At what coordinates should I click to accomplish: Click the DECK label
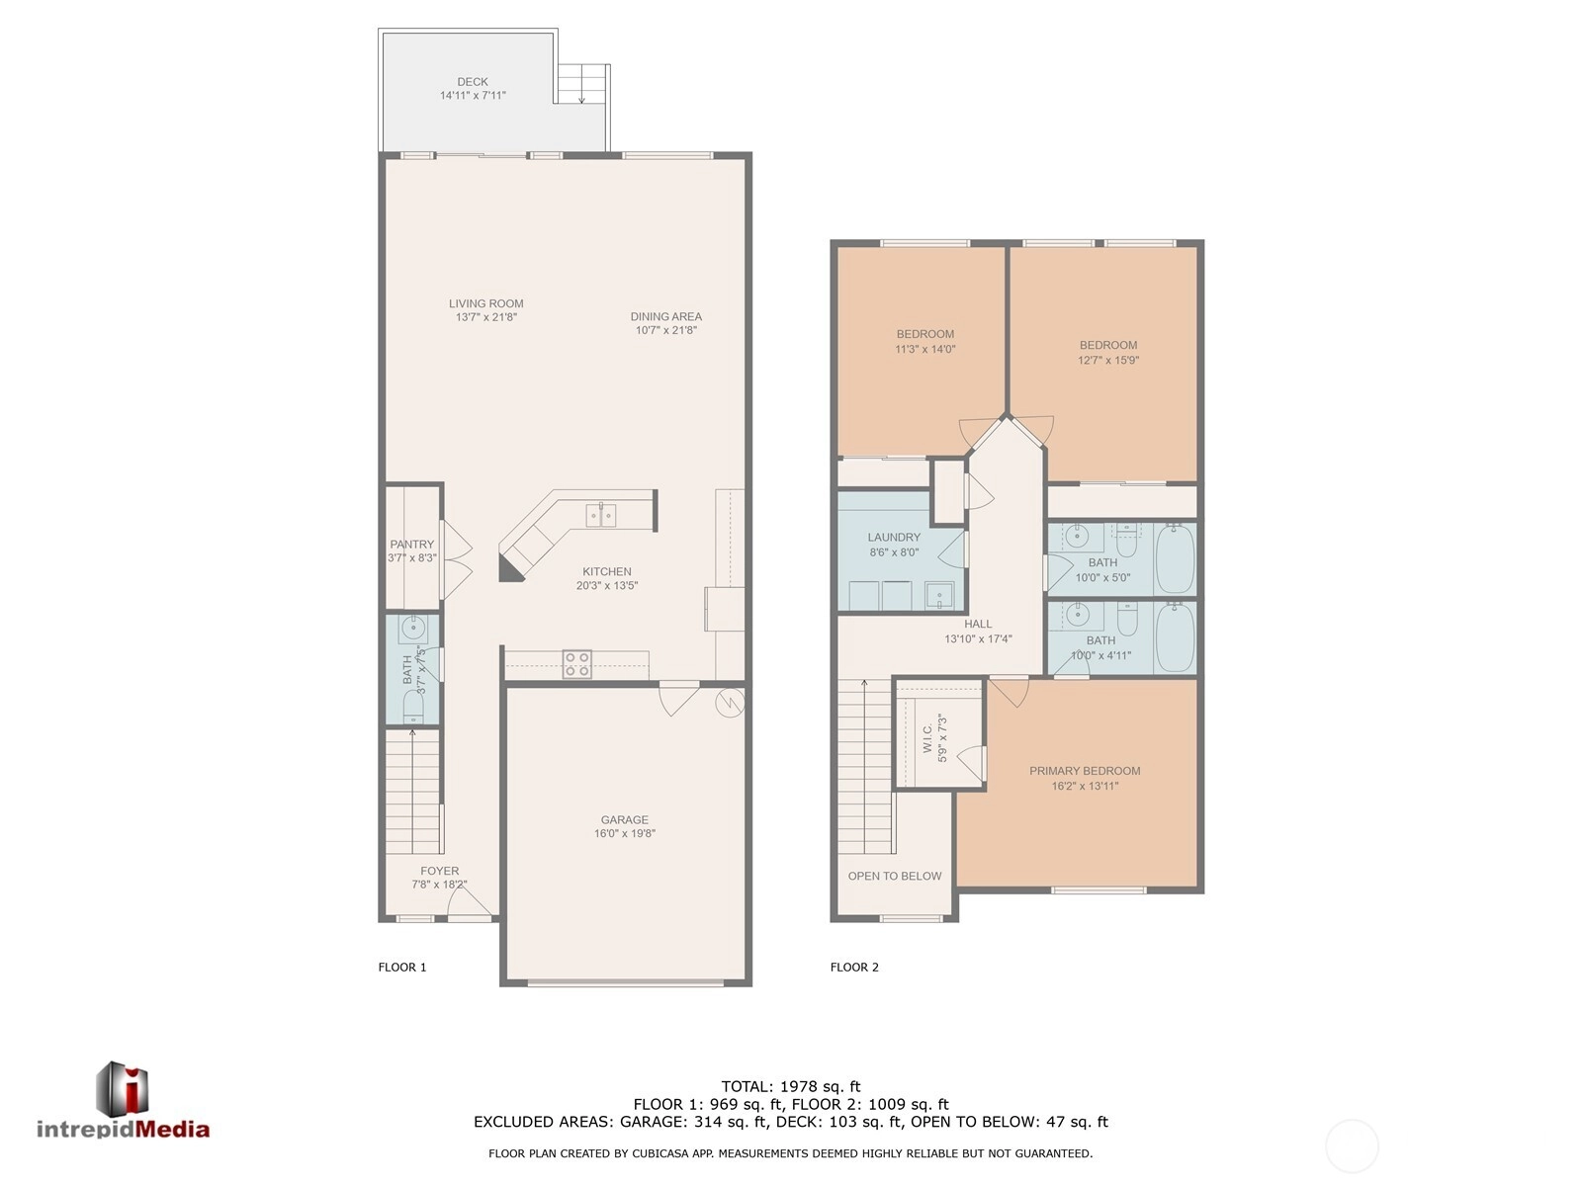click(x=472, y=82)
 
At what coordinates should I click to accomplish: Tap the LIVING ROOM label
click(x=485, y=303)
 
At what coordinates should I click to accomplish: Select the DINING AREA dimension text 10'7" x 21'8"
click(x=666, y=330)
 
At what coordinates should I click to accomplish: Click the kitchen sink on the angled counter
click(x=600, y=515)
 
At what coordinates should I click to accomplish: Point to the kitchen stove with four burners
click(x=576, y=664)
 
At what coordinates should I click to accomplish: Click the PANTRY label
click(x=412, y=545)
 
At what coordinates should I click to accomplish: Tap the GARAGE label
click(x=624, y=819)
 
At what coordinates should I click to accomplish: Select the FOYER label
click(x=439, y=871)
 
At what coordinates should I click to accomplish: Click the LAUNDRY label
click(x=894, y=538)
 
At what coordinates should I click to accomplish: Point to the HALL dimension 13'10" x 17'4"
click(x=978, y=638)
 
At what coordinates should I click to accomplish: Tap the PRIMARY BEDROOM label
click(x=1085, y=771)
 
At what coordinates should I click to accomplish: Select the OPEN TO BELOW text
click(x=895, y=876)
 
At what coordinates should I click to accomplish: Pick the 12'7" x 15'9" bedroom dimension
click(x=1107, y=360)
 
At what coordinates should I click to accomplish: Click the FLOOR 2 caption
click(x=854, y=968)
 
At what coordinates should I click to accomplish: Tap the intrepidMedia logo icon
click(x=123, y=1088)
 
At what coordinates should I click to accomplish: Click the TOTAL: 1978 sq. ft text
click(x=791, y=1086)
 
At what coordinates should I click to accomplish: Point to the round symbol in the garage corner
click(x=730, y=703)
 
